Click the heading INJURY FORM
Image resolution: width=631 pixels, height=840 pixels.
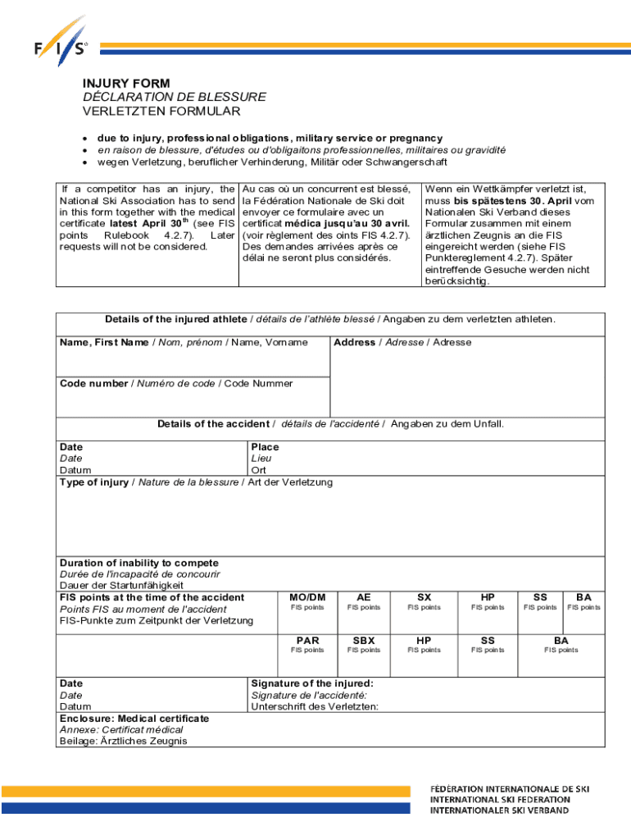pyautogui.click(x=126, y=84)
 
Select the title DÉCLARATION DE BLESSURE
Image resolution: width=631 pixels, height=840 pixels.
pyautogui.click(x=174, y=97)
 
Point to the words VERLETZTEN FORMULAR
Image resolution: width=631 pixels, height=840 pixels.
pyautogui.click(x=161, y=111)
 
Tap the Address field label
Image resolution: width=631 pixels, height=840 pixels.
pyautogui.click(x=354, y=342)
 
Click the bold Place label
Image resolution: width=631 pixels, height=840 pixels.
pyautogui.click(x=265, y=447)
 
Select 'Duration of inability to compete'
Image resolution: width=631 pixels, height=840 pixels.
pyautogui.click(x=138, y=563)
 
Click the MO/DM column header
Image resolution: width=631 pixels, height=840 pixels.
pyautogui.click(x=307, y=597)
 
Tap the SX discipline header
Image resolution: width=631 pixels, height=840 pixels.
pyautogui.click(x=424, y=597)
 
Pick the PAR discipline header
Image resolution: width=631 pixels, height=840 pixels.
pyautogui.click(x=307, y=640)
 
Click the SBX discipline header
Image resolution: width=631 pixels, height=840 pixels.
pyautogui.click(x=364, y=640)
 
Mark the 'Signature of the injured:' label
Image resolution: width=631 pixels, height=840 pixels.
pyautogui.click(x=312, y=683)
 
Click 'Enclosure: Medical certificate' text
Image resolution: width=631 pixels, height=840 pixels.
pyautogui.click(x=134, y=718)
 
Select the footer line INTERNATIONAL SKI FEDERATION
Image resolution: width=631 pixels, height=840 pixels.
pyautogui.click(x=500, y=799)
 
